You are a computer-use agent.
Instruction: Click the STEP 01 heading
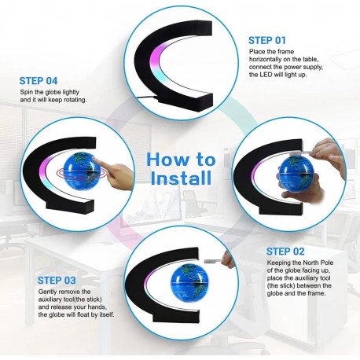[x=267, y=40]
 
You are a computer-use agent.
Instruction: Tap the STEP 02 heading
[x=285, y=252]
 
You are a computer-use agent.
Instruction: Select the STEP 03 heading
[x=57, y=281]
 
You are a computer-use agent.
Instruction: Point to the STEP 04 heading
[x=39, y=81]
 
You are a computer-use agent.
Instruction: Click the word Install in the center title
[x=181, y=178]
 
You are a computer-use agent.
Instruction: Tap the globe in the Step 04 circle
[x=79, y=171]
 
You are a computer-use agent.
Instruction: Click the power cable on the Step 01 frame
[x=147, y=98]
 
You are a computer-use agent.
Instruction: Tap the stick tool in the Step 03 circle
[x=213, y=261]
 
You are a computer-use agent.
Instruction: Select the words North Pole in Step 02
[x=318, y=263]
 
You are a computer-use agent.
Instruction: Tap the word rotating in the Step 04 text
[x=75, y=100]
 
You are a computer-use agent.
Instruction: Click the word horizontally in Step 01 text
[x=266, y=59]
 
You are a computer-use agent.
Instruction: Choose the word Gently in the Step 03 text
[x=47, y=292]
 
